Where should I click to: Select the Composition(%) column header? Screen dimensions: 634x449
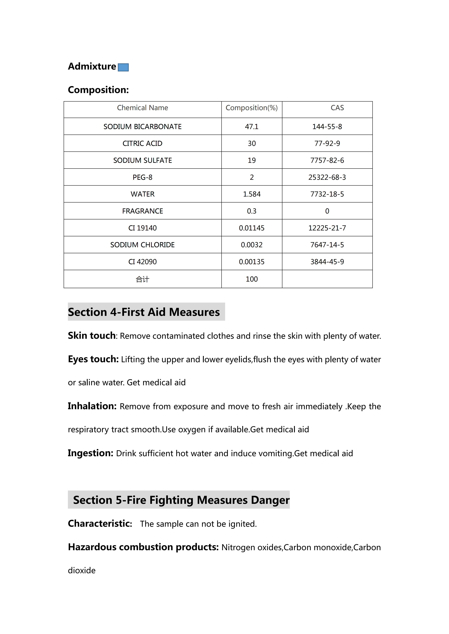pyautogui.click(x=252, y=108)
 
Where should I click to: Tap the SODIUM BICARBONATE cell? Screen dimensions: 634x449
pyautogui.click(x=142, y=127)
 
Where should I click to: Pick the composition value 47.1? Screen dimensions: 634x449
pyautogui.click(x=252, y=127)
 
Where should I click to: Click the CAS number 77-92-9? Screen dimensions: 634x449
pyautogui.click(x=327, y=143)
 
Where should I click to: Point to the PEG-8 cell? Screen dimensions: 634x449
pyautogui.click(x=142, y=177)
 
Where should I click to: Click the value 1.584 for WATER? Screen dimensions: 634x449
pyautogui.click(x=252, y=194)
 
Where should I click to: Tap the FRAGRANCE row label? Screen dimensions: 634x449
pyautogui.click(x=142, y=211)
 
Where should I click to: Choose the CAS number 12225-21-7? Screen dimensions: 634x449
pyautogui.click(x=327, y=228)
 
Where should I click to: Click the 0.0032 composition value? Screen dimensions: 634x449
pyautogui.click(x=252, y=245)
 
